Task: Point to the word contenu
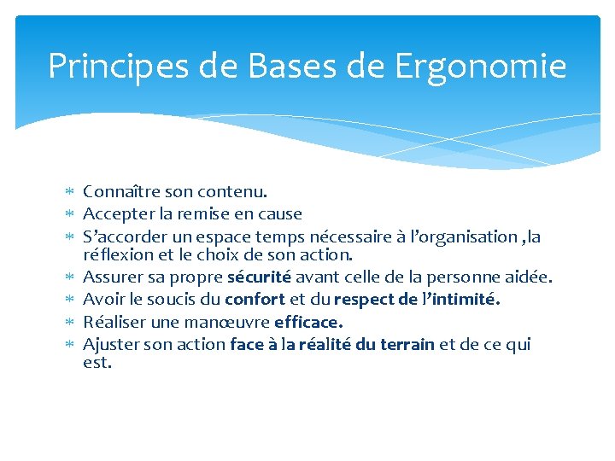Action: [235, 193]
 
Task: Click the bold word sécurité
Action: [259, 277]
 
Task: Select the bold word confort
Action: [255, 299]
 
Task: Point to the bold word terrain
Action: [403, 344]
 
